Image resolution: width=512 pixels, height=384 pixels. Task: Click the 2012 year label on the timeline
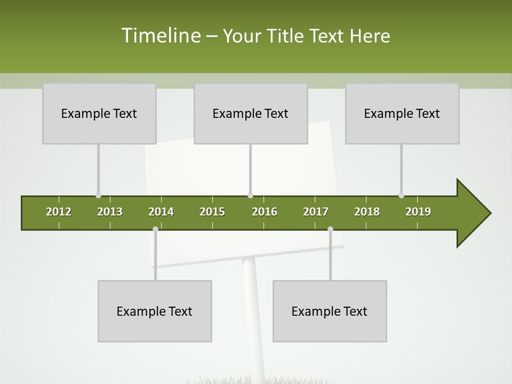coord(59,212)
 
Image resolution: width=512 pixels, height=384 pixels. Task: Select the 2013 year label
coord(110,212)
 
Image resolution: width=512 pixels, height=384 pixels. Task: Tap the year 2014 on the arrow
coord(161,212)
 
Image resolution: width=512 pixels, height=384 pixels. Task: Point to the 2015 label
coord(212,212)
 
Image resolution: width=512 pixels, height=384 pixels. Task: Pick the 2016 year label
coord(265,212)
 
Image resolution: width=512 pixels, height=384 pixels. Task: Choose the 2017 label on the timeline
coord(316,212)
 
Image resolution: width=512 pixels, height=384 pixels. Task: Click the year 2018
coord(367,212)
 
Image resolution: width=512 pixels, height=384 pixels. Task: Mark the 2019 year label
coord(418,212)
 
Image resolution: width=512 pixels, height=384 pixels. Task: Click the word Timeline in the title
coord(160,36)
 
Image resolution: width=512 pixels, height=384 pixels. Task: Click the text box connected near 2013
coord(99,113)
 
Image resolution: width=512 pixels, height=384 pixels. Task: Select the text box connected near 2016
coord(251,113)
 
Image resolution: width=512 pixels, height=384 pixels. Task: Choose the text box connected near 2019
coord(402,113)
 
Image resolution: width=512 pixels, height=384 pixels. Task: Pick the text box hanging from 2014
coord(155,311)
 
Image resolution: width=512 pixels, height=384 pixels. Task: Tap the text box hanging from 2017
coord(330,311)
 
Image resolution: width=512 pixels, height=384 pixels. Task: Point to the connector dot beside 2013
coord(98,196)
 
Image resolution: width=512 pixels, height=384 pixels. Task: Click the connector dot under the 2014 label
coord(155,229)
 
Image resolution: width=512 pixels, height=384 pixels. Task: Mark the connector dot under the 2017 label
coord(330,229)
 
